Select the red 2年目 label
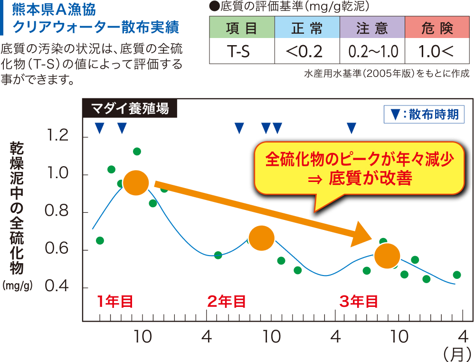click(x=227, y=301)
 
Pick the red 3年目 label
click(x=359, y=301)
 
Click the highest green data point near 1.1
click(x=137, y=152)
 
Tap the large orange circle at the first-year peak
click(x=135, y=183)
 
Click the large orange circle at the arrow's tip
click(x=387, y=256)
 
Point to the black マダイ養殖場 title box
click(x=130, y=109)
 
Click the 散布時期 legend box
click(x=424, y=114)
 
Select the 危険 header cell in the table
click(x=437, y=28)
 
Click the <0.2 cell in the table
click(x=307, y=51)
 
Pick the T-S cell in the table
click(x=242, y=51)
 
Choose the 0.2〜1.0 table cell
click(x=372, y=51)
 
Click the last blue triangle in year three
click(x=351, y=128)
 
